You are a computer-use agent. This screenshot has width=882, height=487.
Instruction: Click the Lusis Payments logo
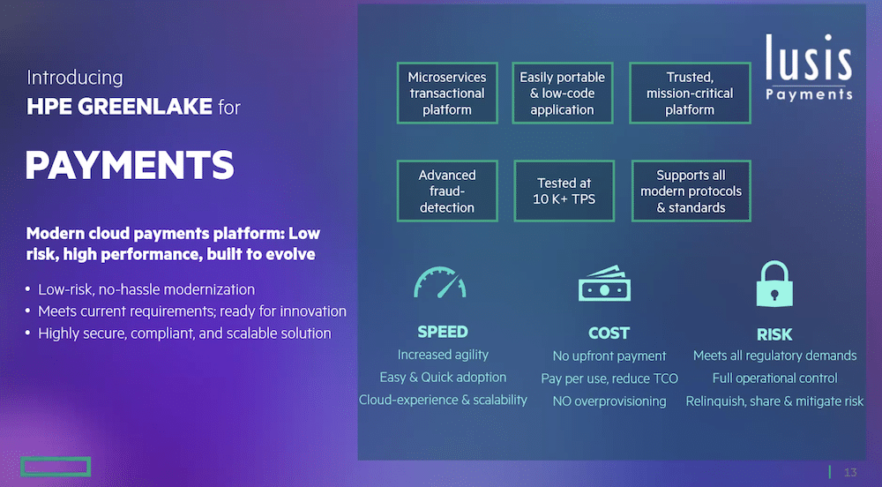pyautogui.click(x=809, y=67)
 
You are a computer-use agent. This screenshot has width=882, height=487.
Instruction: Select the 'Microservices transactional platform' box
pyautogui.click(x=447, y=93)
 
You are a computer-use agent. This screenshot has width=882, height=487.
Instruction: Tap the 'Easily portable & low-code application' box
pyautogui.click(x=563, y=93)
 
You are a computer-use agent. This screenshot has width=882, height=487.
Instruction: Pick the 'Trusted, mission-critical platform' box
pyautogui.click(x=691, y=93)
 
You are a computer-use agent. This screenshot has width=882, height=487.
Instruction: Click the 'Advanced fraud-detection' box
pyautogui.click(x=447, y=191)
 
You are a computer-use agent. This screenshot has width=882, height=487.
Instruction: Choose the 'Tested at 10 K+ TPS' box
pyautogui.click(x=564, y=191)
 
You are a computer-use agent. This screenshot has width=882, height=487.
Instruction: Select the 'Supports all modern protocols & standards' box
pyautogui.click(x=691, y=191)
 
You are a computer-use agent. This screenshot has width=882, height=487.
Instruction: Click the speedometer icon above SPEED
pyautogui.click(x=440, y=282)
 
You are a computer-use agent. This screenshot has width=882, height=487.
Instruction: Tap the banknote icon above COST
pyautogui.click(x=605, y=283)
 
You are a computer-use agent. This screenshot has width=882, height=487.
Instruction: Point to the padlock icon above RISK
pyautogui.click(x=774, y=283)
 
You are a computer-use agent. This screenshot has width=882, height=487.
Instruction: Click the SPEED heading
pyautogui.click(x=443, y=332)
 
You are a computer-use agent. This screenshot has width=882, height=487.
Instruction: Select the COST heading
pyautogui.click(x=609, y=333)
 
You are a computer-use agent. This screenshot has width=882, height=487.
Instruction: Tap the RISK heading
pyautogui.click(x=774, y=334)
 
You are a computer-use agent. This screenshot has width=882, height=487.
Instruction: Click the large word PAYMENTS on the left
pyautogui.click(x=130, y=165)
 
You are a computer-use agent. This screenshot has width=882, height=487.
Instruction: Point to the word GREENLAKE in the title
pyautogui.click(x=145, y=106)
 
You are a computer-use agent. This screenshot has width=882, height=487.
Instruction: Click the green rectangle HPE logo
pyautogui.click(x=56, y=466)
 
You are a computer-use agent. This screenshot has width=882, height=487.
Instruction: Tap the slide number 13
pyautogui.click(x=850, y=472)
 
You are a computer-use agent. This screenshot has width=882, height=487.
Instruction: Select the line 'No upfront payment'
pyautogui.click(x=609, y=356)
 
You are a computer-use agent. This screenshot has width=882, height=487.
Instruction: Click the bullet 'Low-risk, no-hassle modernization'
pyautogui.click(x=146, y=289)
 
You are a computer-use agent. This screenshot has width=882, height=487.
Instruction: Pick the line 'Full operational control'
pyautogui.click(x=774, y=378)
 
